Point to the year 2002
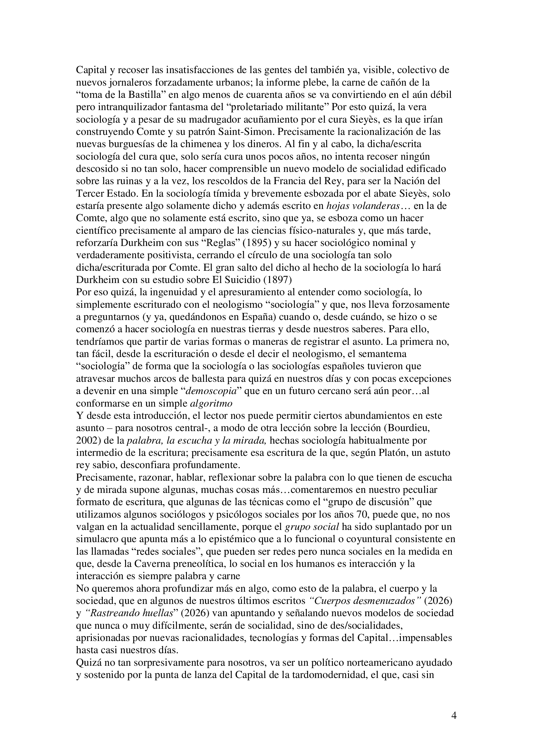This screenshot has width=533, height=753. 87,440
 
